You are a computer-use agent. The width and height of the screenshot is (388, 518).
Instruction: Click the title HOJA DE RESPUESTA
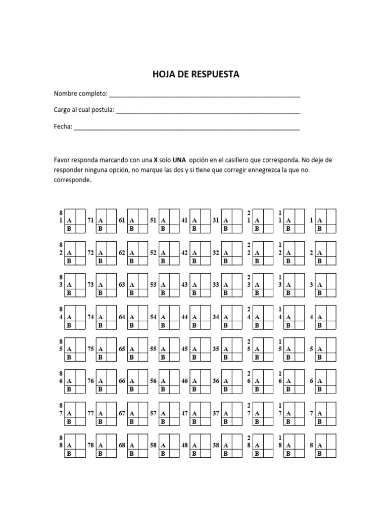196,74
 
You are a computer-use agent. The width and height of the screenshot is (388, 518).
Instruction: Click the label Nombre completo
80,94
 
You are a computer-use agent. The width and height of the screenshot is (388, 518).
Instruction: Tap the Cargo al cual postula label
84,110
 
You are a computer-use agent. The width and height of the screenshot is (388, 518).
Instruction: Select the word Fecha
63,126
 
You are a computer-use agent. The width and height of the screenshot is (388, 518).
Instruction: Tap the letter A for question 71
100,221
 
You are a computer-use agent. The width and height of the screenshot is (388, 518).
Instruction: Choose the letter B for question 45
195,357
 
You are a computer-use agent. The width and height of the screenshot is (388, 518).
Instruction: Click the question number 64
122,317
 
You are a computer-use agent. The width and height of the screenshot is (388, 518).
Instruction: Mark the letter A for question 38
226,446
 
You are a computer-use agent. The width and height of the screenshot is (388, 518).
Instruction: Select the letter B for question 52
163,261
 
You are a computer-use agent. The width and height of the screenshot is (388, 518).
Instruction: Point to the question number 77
91,413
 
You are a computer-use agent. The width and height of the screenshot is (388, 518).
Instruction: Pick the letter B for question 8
319,454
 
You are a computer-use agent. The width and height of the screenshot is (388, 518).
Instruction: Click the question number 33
216,285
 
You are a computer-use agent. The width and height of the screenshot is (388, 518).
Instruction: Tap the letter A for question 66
131,381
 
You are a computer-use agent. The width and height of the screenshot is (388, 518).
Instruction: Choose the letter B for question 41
195,229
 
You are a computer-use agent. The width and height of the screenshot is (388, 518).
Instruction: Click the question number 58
154,446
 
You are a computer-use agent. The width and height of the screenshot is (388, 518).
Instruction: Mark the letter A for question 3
319,285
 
